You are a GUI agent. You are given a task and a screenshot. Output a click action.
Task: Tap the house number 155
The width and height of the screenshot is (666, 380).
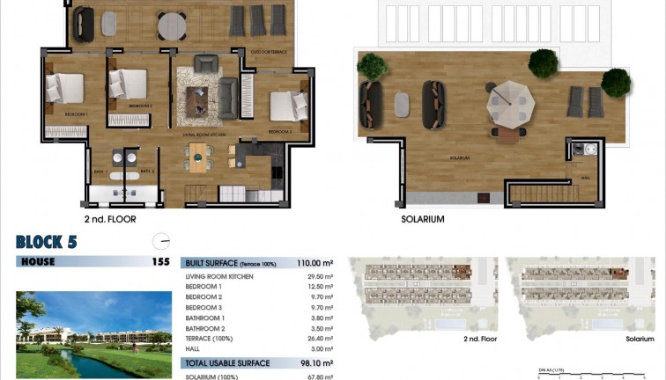click(x=160, y=261)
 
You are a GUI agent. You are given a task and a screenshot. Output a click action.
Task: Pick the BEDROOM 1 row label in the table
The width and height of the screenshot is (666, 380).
click(x=203, y=287)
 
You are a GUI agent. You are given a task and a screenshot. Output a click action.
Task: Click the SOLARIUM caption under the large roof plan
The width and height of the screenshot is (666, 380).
click(x=422, y=219)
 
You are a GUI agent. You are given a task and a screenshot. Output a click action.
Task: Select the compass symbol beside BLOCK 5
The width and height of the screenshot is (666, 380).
click(x=160, y=241)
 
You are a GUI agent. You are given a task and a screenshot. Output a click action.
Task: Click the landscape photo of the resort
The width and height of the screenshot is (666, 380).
click(x=93, y=334)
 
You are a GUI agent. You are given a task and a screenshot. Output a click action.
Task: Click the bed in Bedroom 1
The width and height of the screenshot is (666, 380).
click(x=65, y=88)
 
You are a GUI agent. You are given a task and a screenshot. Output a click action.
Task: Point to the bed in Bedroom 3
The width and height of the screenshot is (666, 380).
click(x=288, y=106)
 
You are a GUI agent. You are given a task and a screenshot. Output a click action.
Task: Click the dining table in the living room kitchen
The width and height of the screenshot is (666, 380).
click(x=201, y=158)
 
